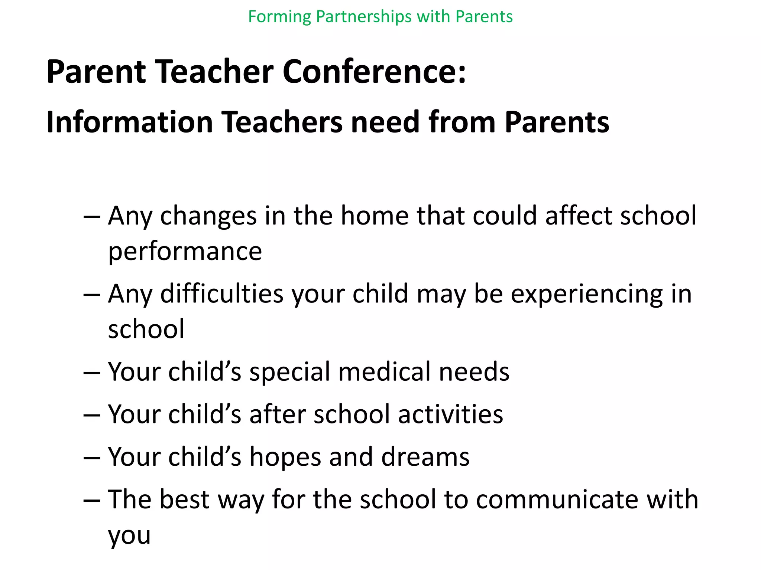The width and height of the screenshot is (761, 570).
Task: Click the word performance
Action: pyautogui.click(x=185, y=252)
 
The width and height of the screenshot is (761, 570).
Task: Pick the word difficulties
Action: pyautogui.click(x=221, y=294)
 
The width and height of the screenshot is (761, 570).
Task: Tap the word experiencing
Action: pyautogui.click(x=586, y=294)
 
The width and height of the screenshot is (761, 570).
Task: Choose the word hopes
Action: pyautogui.click(x=285, y=456)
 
